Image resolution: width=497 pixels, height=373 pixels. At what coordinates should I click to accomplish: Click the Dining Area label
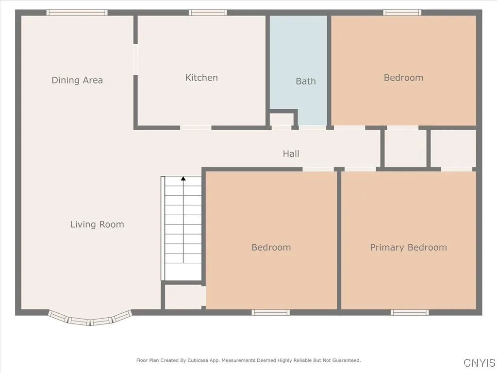(x=77, y=80)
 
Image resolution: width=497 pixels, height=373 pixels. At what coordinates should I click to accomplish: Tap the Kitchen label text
(x=201, y=78)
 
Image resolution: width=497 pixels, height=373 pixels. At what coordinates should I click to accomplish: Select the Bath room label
(x=306, y=81)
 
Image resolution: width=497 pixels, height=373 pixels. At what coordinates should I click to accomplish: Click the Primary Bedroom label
(x=408, y=247)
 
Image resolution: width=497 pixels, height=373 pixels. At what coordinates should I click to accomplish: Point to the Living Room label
(x=97, y=224)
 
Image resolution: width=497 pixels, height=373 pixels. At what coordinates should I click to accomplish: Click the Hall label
(x=291, y=153)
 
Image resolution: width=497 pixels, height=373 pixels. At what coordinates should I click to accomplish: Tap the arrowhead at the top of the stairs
(x=183, y=179)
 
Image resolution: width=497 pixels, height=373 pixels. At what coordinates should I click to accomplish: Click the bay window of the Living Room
(x=90, y=320)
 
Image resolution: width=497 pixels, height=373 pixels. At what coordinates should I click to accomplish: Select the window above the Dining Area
(x=77, y=13)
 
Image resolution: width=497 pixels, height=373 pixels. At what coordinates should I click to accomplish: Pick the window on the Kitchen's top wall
(x=208, y=13)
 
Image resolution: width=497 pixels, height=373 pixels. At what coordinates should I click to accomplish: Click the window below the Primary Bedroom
(x=410, y=312)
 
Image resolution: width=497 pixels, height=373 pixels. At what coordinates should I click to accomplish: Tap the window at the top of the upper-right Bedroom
(x=402, y=13)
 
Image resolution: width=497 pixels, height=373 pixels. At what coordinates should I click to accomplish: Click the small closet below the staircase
(x=183, y=297)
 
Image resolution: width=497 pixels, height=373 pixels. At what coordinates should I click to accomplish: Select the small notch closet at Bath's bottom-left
(x=282, y=119)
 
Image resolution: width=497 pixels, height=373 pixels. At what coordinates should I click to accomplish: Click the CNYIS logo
(x=479, y=363)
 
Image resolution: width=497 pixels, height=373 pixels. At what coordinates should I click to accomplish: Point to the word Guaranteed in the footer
(x=346, y=360)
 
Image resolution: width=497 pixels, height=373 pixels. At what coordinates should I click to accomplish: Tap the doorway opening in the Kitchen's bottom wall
(x=196, y=128)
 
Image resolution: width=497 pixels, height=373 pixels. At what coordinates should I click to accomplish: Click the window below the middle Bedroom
(x=270, y=312)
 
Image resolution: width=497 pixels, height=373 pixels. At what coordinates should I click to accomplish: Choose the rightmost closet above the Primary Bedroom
(x=453, y=148)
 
